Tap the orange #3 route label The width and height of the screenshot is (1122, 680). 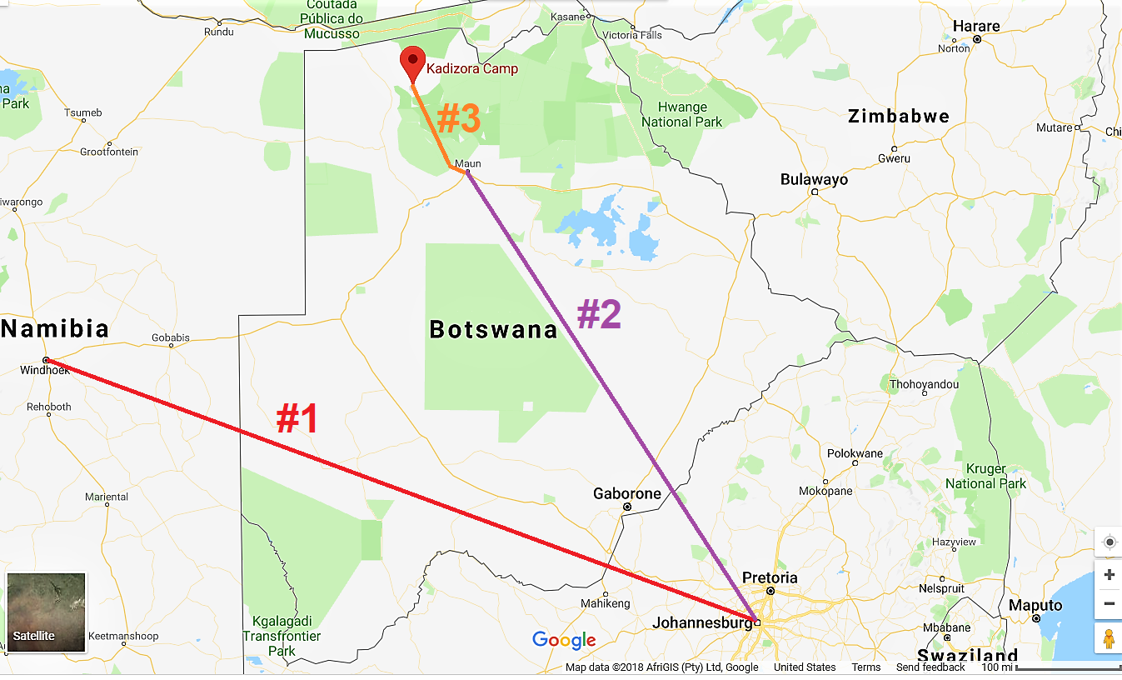(459, 120)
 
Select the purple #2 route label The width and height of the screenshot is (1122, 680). (600, 314)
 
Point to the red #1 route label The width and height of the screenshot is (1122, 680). (297, 419)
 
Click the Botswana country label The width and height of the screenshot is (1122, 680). (493, 329)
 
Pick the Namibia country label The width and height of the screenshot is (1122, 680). (55, 328)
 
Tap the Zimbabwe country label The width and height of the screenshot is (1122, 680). (899, 117)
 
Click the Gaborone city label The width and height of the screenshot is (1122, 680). (627, 494)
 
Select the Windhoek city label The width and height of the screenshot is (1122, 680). (45, 370)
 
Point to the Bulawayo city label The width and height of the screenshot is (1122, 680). (814, 180)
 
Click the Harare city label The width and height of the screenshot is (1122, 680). (976, 27)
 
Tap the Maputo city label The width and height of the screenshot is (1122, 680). (1035, 605)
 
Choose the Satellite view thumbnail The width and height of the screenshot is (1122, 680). (47, 612)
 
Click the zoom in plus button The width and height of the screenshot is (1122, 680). (1109, 575)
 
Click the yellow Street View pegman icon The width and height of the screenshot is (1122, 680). (1109, 639)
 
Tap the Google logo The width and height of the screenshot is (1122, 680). (564, 640)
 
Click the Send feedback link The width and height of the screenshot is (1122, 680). (930, 667)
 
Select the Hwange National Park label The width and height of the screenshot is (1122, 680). (681, 114)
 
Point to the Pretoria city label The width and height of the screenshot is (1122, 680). (770, 578)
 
